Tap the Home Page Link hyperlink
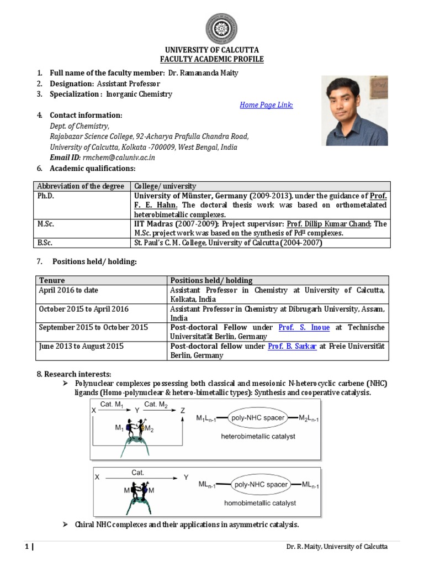point(266,105)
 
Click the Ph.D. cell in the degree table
point(46,196)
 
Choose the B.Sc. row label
point(46,242)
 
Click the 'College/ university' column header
point(164,186)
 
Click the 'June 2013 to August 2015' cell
point(80,346)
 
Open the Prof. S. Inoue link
point(304,327)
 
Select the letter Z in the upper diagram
point(182,410)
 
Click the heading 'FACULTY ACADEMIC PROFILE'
point(212,59)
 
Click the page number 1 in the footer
point(26,547)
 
